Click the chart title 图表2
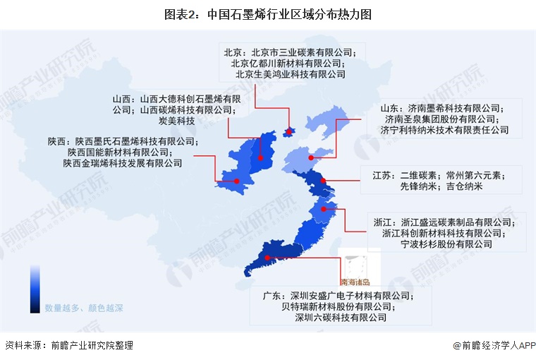coord(268,13)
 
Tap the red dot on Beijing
coord(288,130)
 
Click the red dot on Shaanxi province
coord(237,181)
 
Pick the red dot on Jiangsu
coord(324,181)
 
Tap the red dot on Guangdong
coord(267,258)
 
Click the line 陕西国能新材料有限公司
coord(122,152)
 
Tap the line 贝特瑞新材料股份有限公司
coord(336,306)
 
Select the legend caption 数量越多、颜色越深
coord(84,308)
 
